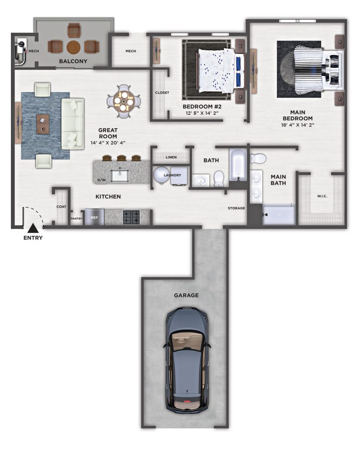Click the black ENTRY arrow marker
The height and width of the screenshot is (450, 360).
pyautogui.click(x=33, y=228)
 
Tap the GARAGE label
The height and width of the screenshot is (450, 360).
pyautogui.click(x=186, y=295)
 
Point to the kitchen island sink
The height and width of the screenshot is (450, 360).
pyautogui.click(x=120, y=175)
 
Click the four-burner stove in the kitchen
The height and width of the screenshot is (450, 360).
pyautogui.click(x=131, y=217)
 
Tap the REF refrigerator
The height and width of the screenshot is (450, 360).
pyautogui.click(x=95, y=217)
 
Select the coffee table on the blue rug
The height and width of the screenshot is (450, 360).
pyautogui.click(x=43, y=124)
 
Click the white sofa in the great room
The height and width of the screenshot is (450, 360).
pyautogui.click(x=73, y=124)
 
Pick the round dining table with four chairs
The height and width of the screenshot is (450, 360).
pyautogui.click(x=124, y=102)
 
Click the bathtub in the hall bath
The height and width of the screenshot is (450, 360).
pyautogui.click(x=239, y=164)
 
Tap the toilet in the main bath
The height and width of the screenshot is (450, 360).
pyautogui.click(x=258, y=158)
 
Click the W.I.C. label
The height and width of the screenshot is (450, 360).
pyautogui.click(x=322, y=196)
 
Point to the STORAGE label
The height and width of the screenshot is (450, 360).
pyautogui.click(x=236, y=208)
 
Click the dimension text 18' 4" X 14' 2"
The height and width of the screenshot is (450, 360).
pyautogui.click(x=298, y=125)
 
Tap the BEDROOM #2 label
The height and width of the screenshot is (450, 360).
pyautogui.click(x=202, y=106)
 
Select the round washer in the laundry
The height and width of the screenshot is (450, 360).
pyautogui.click(x=161, y=175)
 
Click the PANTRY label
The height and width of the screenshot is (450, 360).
pyautogui.click(x=76, y=219)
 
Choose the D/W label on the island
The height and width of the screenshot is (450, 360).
pyautogui.click(x=102, y=180)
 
